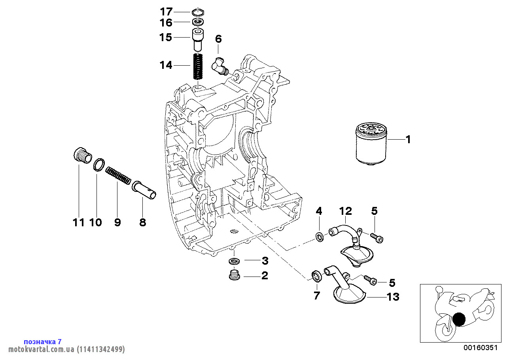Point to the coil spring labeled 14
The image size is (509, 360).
[198, 66]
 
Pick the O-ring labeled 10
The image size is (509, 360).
[99, 164]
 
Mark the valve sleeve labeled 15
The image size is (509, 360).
[198, 38]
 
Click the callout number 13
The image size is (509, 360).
[393, 297]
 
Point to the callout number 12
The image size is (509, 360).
[345, 211]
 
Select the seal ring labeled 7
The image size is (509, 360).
[316, 275]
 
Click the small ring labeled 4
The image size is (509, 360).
[319, 237]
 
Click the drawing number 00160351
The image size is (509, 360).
[480, 348]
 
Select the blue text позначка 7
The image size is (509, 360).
[43, 341]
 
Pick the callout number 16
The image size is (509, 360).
[166, 23]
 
